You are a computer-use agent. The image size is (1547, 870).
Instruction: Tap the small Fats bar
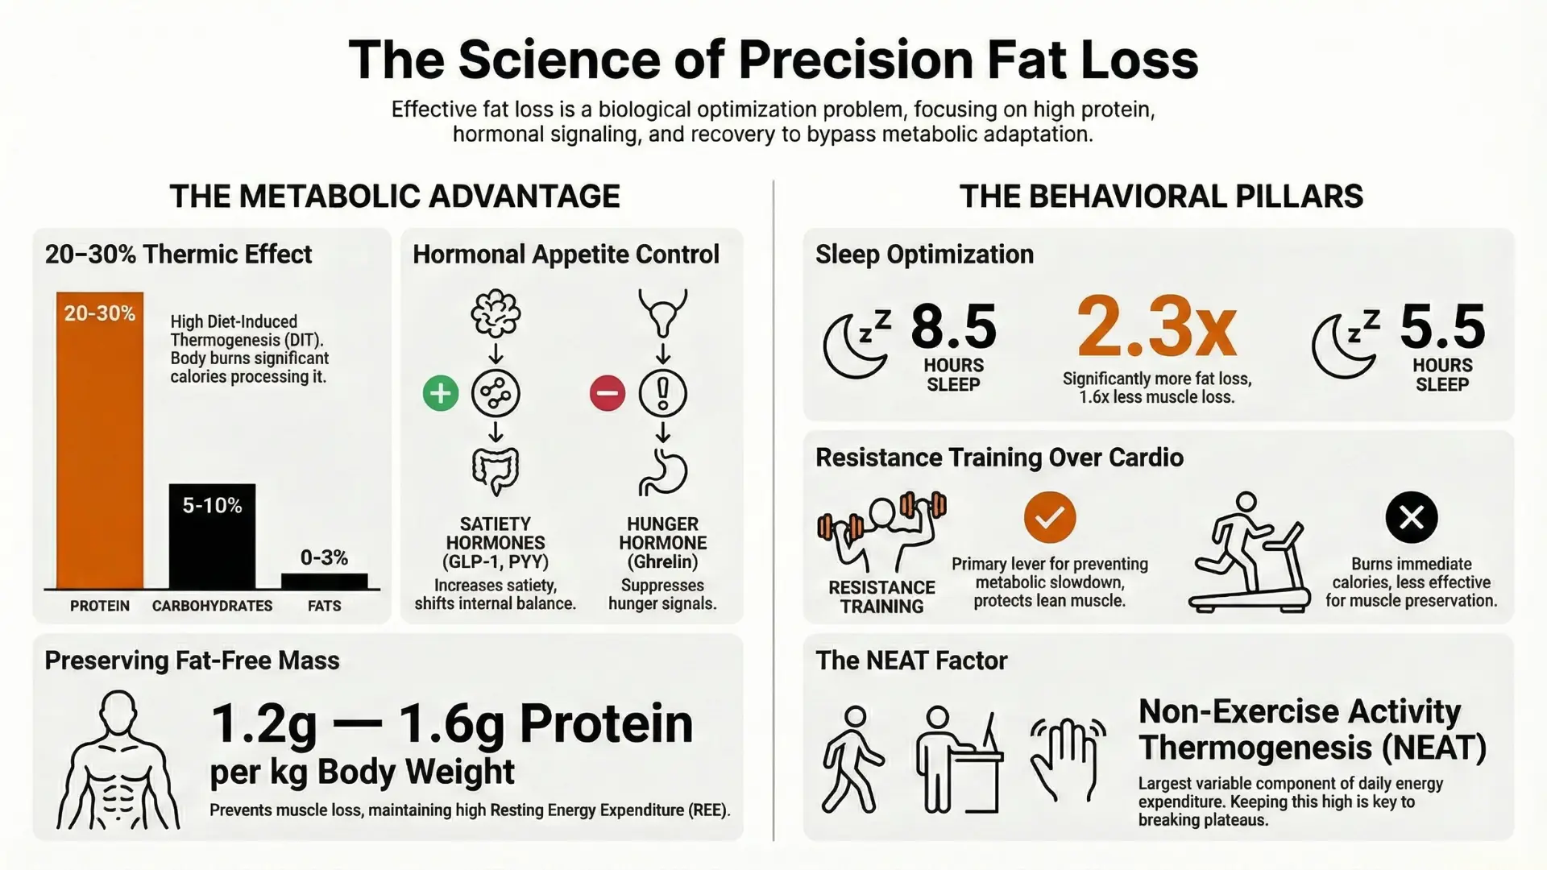(324, 581)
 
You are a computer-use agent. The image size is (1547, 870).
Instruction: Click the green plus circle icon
(440, 393)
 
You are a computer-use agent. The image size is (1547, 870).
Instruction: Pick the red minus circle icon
(607, 393)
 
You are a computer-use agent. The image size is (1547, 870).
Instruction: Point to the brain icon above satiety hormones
(496, 313)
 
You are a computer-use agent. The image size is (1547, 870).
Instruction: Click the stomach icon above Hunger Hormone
(663, 472)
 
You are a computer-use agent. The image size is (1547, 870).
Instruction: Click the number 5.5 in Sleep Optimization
(1442, 327)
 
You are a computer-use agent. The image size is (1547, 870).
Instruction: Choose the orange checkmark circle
(1049, 517)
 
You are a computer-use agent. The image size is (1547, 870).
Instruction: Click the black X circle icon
(1411, 517)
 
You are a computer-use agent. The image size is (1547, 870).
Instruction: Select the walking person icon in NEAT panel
(852, 759)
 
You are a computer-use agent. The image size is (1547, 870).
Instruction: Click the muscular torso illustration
(118, 761)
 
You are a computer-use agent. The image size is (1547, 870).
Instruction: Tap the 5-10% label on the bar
(212, 506)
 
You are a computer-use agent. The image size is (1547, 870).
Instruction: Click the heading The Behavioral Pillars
(1160, 197)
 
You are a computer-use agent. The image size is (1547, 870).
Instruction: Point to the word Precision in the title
(856, 60)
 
